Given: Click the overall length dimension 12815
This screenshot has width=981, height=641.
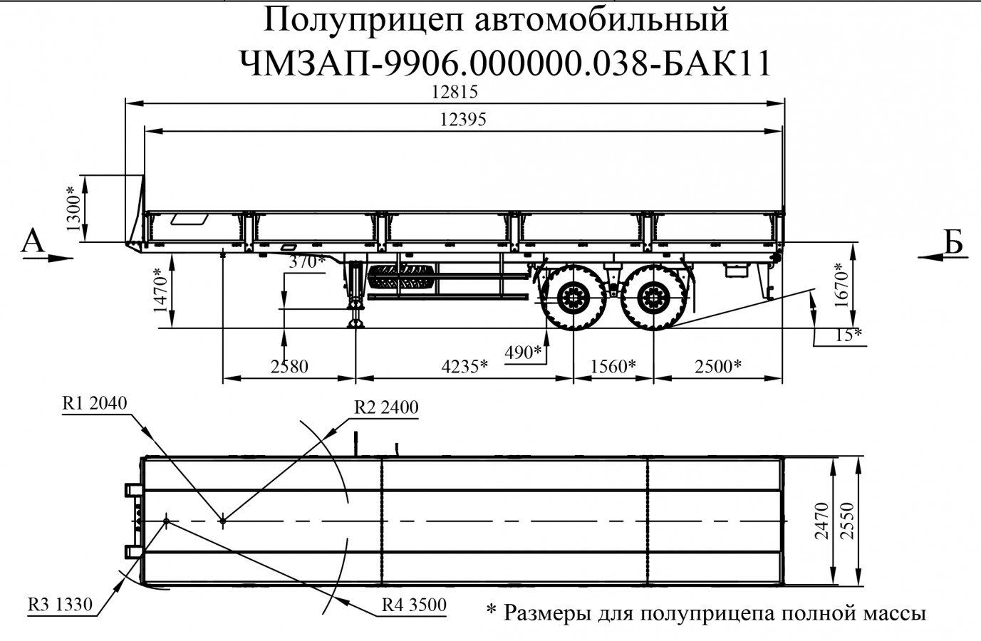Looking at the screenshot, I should (x=454, y=93).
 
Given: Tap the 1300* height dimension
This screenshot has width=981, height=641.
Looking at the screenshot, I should (x=73, y=209).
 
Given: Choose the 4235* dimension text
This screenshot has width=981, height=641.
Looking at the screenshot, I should (x=464, y=367).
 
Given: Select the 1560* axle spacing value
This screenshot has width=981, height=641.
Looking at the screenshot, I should (x=613, y=367).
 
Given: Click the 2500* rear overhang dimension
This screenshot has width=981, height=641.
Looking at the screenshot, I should (x=719, y=367).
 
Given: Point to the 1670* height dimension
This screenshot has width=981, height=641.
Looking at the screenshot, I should (x=843, y=285).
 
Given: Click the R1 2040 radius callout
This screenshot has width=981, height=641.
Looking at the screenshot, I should (x=95, y=404).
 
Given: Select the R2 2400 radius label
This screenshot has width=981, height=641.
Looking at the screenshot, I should (x=386, y=407).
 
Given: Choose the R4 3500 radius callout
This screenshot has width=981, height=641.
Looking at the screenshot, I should (x=414, y=605).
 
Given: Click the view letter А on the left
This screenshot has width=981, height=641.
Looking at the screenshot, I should (x=33, y=241).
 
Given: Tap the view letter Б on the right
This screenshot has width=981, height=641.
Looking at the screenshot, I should (x=953, y=243).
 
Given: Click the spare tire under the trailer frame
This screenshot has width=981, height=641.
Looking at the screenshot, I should (x=402, y=278).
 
